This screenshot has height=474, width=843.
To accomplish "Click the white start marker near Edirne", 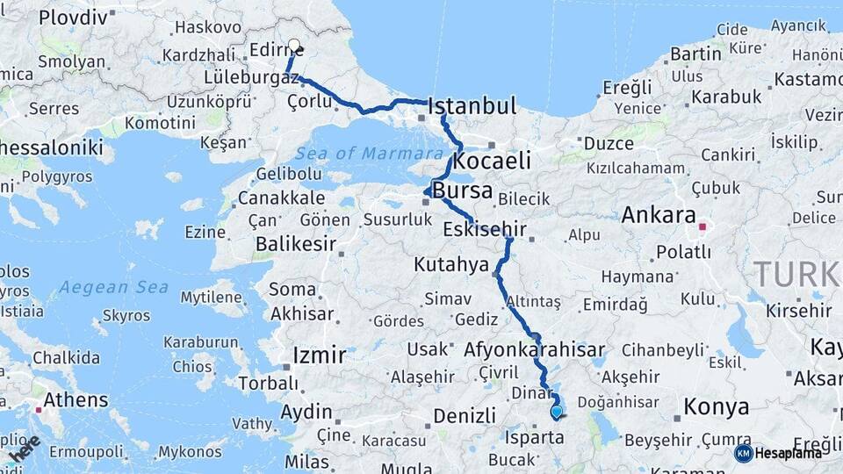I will click(x=294, y=46).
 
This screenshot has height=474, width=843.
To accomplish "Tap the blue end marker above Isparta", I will click(x=556, y=411).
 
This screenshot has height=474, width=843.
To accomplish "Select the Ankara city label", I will click(x=659, y=215).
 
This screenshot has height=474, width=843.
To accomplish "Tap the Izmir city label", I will click(x=318, y=355).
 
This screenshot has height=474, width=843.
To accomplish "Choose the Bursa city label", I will click(x=464, y=191).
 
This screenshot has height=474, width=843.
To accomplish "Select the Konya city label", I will click(x=717, y=407).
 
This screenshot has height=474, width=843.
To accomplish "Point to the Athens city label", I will click(x=76, y=400).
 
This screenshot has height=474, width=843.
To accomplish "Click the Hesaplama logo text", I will click(x=789, y=453).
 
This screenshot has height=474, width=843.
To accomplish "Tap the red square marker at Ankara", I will click(x=702, y=226).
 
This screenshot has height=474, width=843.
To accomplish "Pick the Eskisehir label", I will click(x=485, y=230).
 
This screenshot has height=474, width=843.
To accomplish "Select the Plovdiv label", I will click(x=73, y=17).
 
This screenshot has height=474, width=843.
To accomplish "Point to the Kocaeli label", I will click(x=493, y=161).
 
